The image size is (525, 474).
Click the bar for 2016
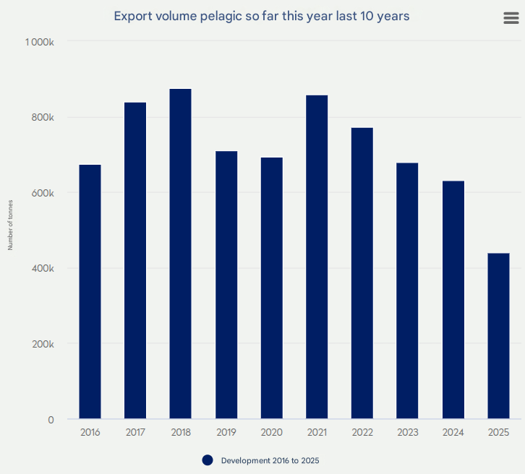coord(90,292)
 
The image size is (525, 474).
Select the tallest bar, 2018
coord(181,254)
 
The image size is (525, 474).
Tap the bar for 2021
coord(317,257)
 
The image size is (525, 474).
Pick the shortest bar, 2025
coord(498,336)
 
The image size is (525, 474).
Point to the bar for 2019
coord(226,285)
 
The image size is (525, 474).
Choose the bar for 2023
coord(407,290)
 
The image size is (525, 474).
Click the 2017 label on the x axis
coord(135,432)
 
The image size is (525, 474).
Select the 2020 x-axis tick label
coord(272,432)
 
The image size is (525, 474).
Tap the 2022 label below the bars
coord(362,432)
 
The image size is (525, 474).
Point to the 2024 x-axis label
coord(453,432)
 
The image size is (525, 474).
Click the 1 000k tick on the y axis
coord(40,42)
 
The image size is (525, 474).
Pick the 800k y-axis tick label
coord(43,117)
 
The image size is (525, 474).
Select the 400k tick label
coord(43,268)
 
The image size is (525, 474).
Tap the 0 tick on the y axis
coord(51,419)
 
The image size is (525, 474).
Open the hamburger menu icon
coord(511,19)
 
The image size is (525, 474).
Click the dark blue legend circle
coord(208,460)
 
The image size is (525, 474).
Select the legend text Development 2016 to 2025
coord(270,460)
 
